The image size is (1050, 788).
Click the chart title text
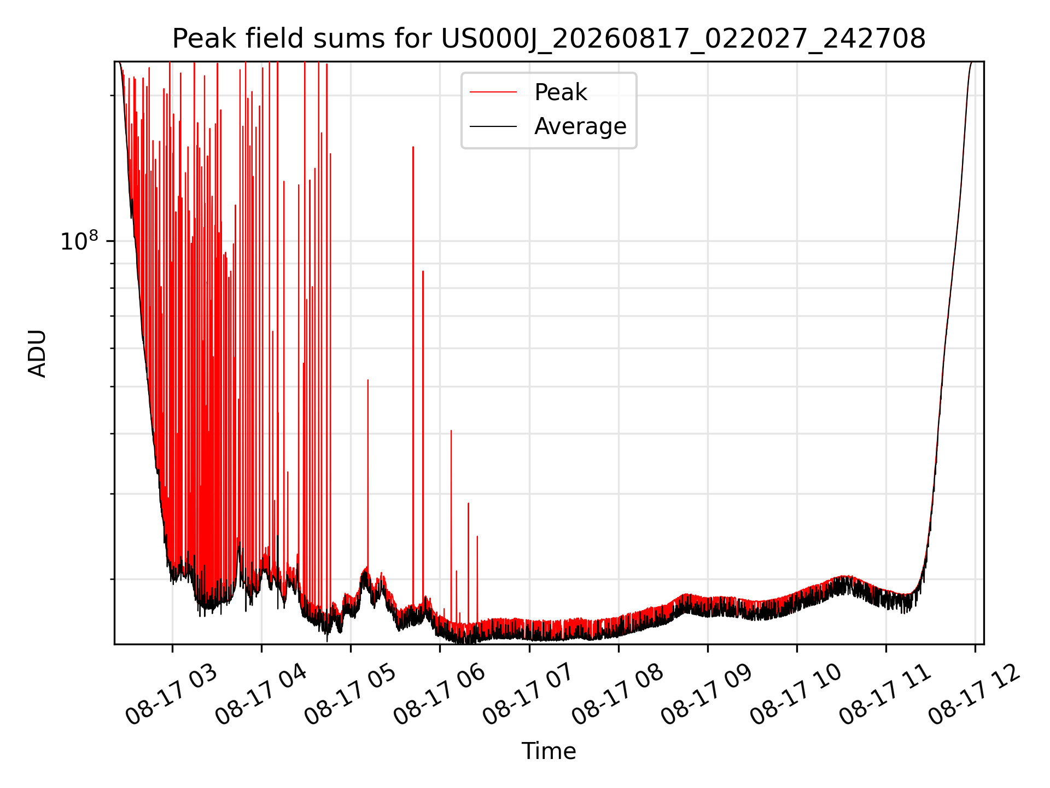pyautogui.click(x=549, y=39)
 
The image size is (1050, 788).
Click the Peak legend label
pyautogui.click(x=561, y=92)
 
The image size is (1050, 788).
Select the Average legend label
pyautogui.click(x=580, y=126)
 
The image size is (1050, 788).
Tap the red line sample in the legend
pyautogui.click(x=493, y=92)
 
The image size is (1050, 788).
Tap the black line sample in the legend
pyautogui.click(x=493, y=126)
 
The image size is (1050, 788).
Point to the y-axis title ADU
pyautogui.click(x=37, y=353)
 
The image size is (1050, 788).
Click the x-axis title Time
pyautogui.click(x=549, y=751)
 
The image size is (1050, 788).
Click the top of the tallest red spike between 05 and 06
pyautogui.click(x=413, y=147)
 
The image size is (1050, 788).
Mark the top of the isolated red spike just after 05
pyautogui.click(x=368, y=380)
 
